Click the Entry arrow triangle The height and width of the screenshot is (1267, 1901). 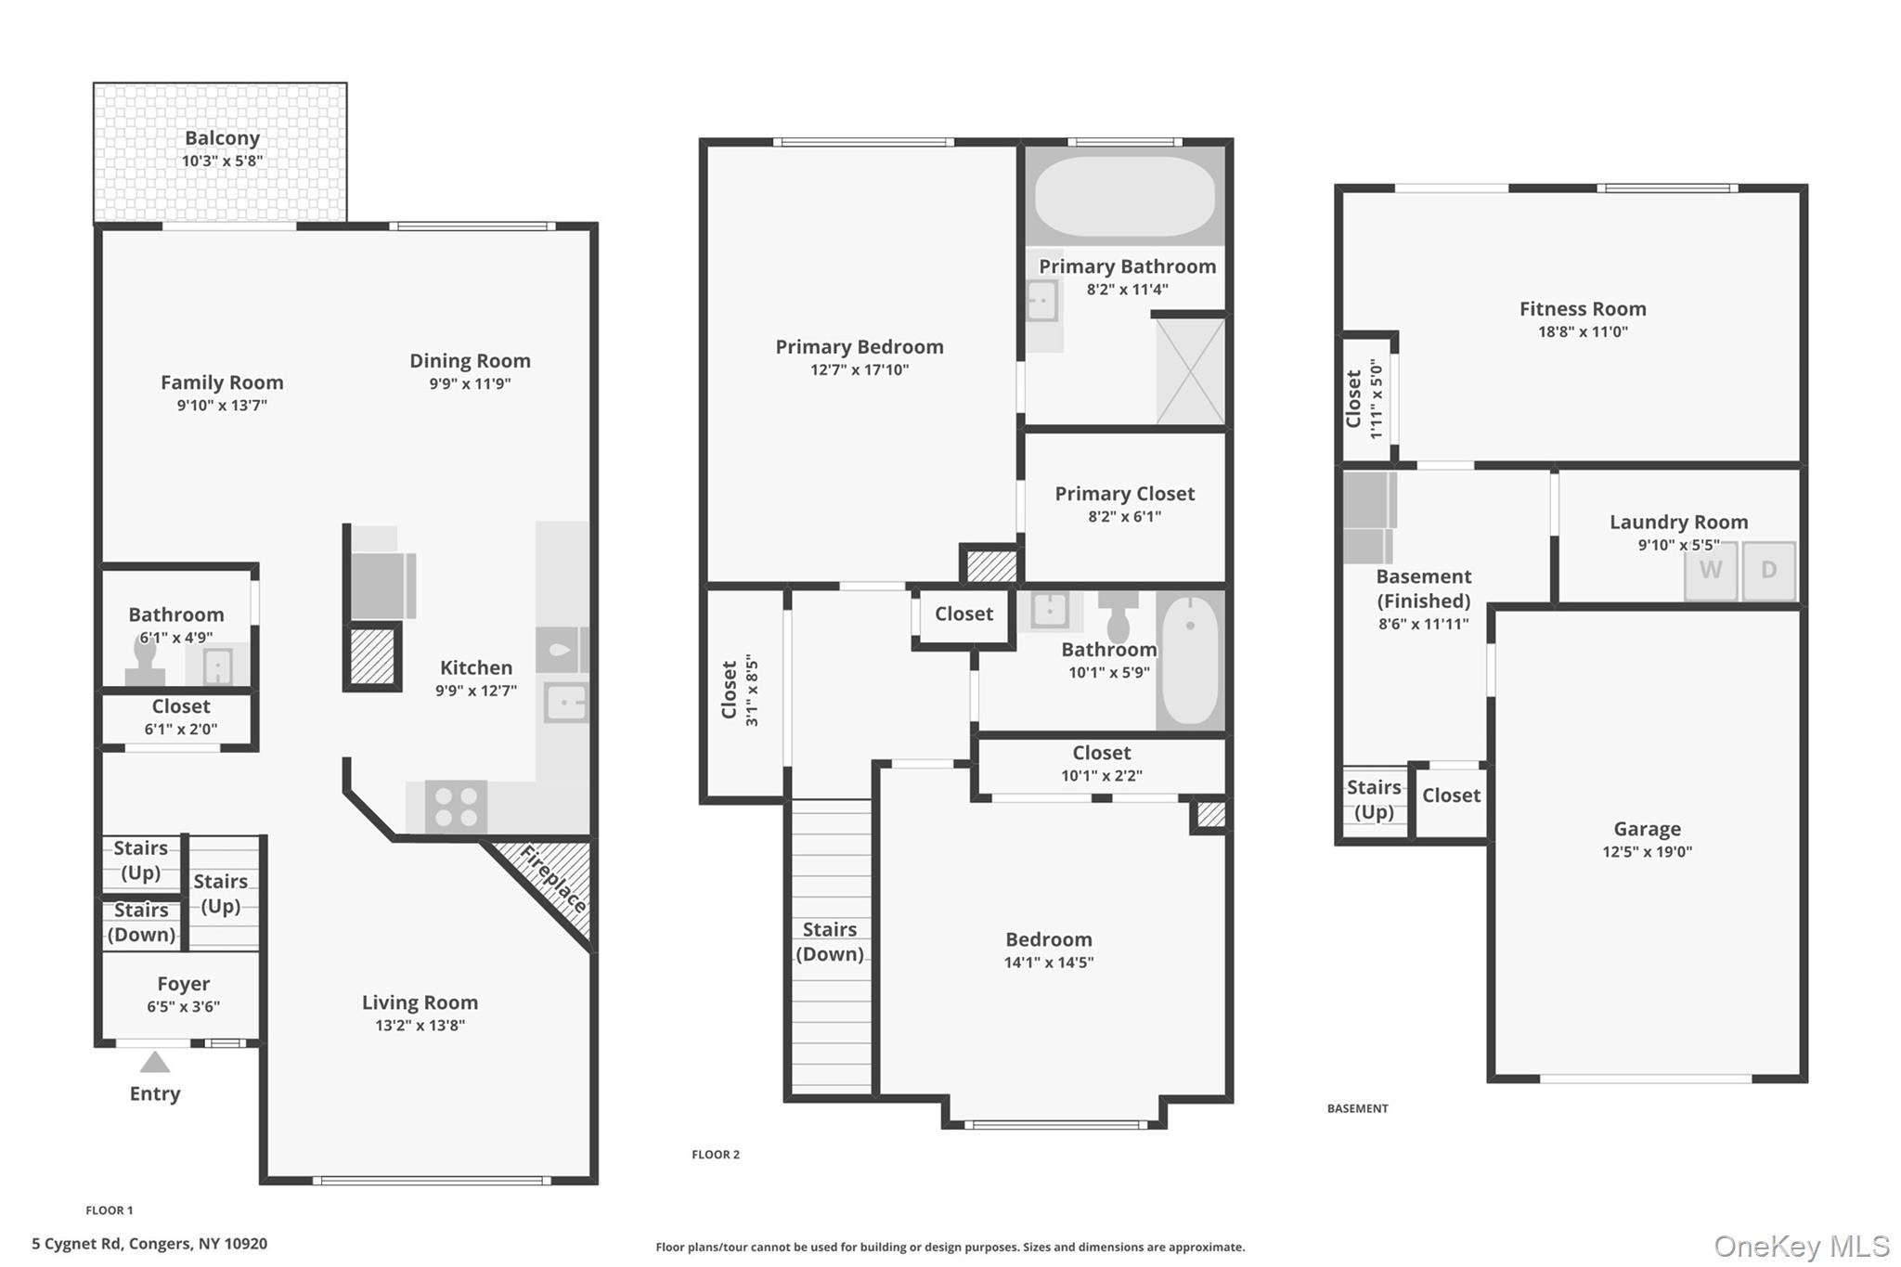pos(155,1062)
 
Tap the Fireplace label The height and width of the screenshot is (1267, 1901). pos(554,879)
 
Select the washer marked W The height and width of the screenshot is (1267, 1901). pos(1711,571)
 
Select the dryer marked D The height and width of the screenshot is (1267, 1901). pos(1768,571)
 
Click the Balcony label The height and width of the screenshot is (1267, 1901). pos(222,138)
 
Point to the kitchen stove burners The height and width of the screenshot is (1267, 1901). pos(456,806)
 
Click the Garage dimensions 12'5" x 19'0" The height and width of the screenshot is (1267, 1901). pos(1647,851)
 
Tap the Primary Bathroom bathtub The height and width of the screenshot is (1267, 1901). pos(1125,197)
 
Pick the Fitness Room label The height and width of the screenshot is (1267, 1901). pos(1583,309)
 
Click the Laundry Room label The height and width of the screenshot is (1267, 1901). pos(1678,522)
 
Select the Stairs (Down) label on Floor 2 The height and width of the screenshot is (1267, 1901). pos(830,941)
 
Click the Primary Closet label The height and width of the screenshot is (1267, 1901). pos(1125,494)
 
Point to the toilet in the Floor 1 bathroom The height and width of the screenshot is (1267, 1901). pos(145,661)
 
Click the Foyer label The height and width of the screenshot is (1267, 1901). pos(183,984)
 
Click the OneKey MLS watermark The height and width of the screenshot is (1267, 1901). pos(1802,1246)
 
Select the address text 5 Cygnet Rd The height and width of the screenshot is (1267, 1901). pos(77,1244)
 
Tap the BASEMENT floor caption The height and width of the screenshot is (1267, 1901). pos(1357,1108)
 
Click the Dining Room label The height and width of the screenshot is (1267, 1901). pos(470,361)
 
